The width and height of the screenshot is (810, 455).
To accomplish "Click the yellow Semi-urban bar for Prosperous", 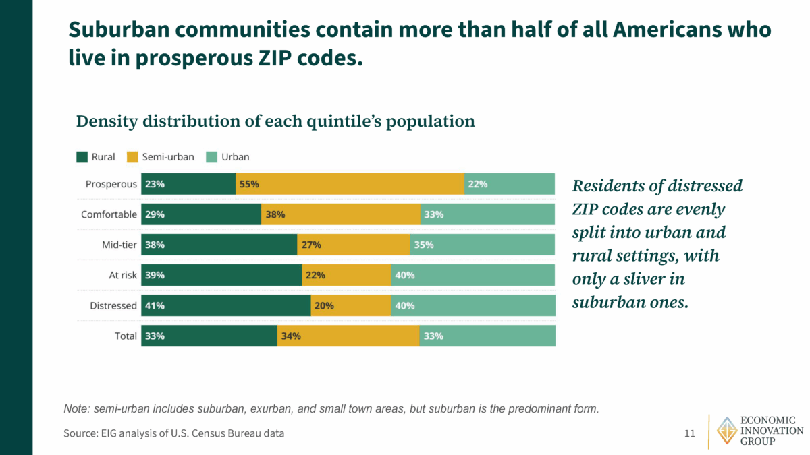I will click(x=350, y=183).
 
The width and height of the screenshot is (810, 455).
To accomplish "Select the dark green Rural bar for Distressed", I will click(x=225, y=305).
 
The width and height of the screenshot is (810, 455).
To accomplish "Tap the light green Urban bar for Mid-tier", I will click(x=482, y=245).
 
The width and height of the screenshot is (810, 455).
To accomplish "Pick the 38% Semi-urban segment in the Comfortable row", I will click(x=340, y=214).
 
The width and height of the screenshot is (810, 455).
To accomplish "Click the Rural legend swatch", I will click(x=82, y=157).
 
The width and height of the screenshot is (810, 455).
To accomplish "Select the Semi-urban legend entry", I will click(x=166, y=157).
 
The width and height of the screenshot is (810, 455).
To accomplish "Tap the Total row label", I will click(x=126, y=336).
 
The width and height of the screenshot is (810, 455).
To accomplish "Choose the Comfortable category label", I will click(x=109, y=214).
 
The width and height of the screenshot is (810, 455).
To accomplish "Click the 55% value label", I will click(x=249, y=184).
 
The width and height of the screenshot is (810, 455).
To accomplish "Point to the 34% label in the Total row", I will click(x=291, y=336).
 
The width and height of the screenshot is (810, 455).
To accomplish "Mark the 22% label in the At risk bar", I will click(x=315, y=275).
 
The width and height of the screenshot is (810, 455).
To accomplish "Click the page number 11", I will click(x=689, y=433).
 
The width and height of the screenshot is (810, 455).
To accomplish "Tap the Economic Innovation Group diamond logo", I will click(x=727, y=431).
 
